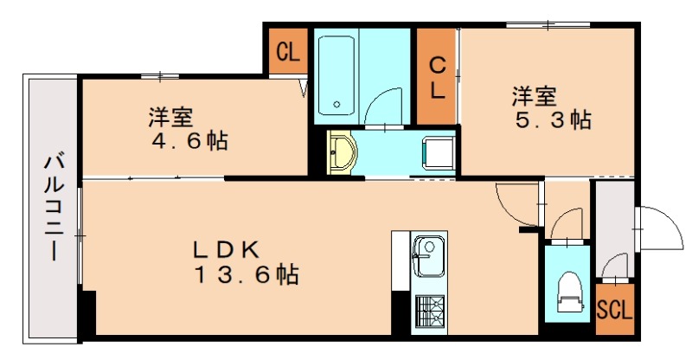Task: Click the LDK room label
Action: (226, 250)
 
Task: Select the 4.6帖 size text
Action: (188, 140)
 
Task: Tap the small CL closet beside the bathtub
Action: (287, 53)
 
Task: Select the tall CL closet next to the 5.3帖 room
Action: (438, 76)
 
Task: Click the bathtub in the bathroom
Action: (338, 76)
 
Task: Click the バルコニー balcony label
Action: (54, 207)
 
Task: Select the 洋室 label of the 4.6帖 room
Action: (170, 116)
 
